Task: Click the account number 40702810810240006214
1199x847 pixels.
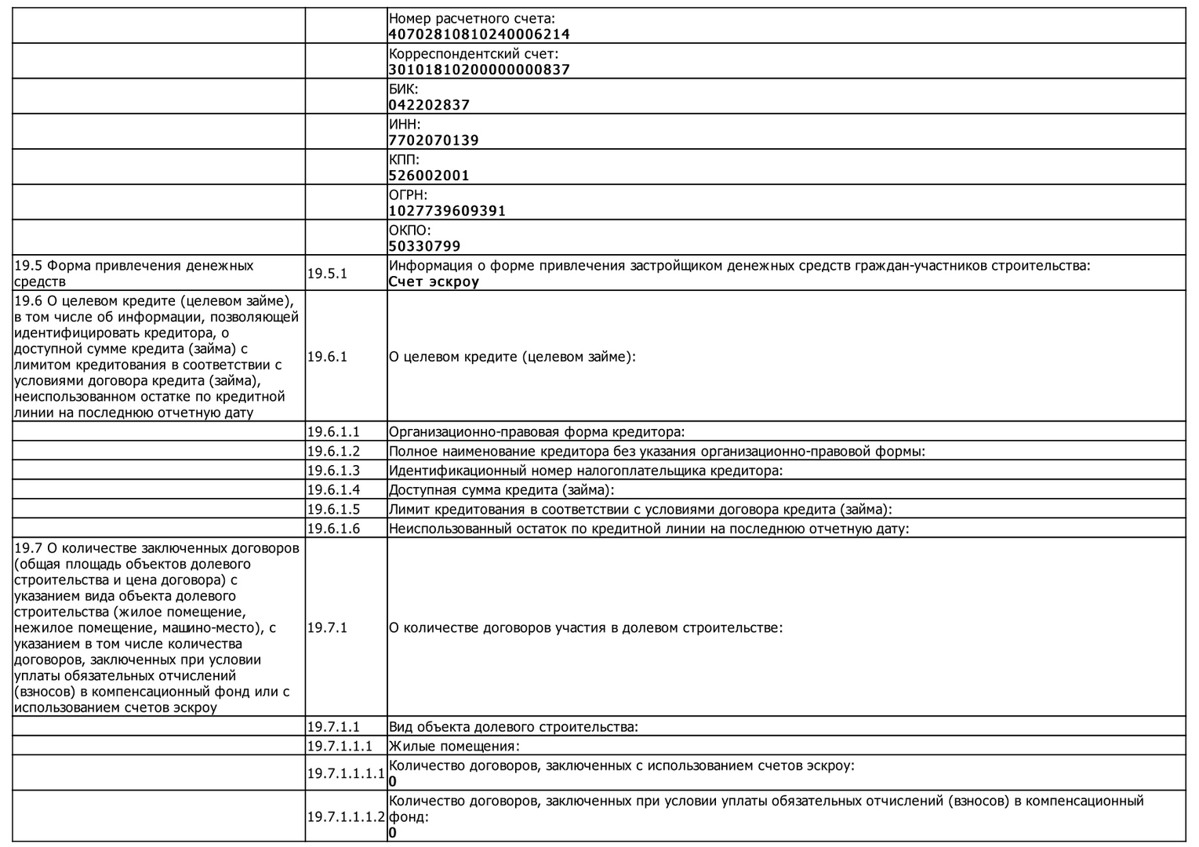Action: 479,35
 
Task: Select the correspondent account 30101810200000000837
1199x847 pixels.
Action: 479,70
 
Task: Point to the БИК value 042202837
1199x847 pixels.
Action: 429,105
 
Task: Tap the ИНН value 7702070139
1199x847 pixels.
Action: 434,140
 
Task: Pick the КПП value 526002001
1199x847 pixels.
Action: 429,176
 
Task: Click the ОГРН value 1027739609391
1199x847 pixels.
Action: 447,211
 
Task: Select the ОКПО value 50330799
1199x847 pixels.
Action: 424,246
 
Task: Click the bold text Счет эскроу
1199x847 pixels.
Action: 434,282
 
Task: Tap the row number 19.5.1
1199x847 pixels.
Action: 327,274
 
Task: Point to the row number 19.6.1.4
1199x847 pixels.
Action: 333,490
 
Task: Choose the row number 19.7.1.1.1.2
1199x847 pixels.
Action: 346,816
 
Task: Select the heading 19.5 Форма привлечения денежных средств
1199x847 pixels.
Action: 134,274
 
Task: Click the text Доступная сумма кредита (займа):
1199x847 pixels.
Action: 502,490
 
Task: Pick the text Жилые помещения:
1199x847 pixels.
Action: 454,747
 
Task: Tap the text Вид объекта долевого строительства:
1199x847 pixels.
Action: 514,727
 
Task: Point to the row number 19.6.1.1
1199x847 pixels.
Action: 333,432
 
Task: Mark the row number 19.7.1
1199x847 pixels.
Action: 327,628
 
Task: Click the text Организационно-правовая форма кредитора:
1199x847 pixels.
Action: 536,432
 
